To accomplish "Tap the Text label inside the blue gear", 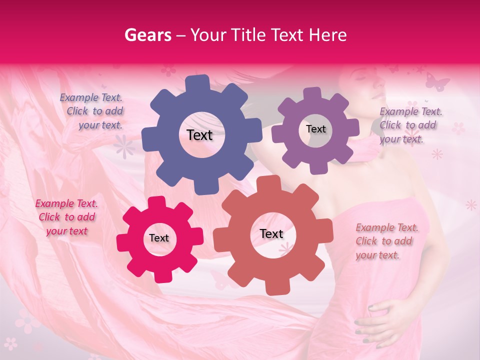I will point(199,135).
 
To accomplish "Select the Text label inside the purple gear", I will point(315,129).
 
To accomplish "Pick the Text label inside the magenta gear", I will point(159,238).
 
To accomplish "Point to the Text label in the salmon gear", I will point(271,234).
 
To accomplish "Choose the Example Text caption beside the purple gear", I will point(410,125).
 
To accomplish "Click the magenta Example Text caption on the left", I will point(66,217).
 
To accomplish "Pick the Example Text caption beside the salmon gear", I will point(386,241).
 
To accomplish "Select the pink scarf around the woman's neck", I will point(367,150).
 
